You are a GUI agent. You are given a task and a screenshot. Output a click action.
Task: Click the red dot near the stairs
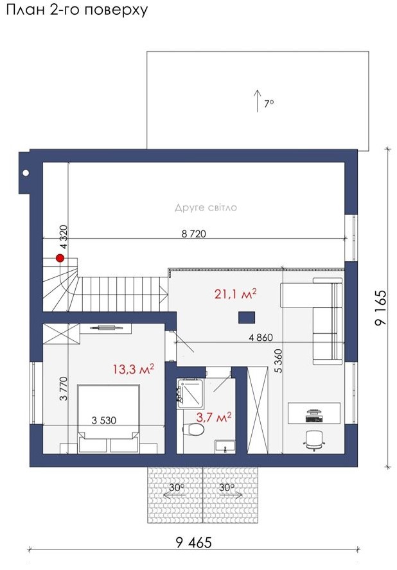[x=60, y=258]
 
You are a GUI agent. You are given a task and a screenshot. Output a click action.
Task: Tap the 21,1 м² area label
[x=235, y=293]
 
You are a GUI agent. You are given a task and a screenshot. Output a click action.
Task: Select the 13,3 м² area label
[x=133, y=369]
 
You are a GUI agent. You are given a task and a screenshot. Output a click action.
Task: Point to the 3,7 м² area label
[x=214, y=417]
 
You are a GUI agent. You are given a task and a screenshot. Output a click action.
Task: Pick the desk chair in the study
[x=314, y=440]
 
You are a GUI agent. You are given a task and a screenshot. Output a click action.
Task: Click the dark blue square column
[x=247, y=318]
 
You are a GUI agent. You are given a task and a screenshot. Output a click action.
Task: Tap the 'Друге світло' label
[x=206, y=207]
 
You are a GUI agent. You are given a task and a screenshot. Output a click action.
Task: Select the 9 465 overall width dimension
[x=193, y=543]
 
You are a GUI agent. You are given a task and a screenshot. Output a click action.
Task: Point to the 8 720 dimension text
[x=193, y=234]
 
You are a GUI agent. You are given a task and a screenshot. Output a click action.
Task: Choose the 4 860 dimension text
[x=261, y=338]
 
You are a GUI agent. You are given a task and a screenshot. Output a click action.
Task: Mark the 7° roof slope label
[x=269, y=103]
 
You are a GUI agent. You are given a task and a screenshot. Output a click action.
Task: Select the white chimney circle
[x=26, y=173]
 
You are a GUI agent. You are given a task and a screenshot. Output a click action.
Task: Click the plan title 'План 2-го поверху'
[x=77, y=10]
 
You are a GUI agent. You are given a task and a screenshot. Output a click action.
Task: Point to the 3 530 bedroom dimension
[x=104, y=420]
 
